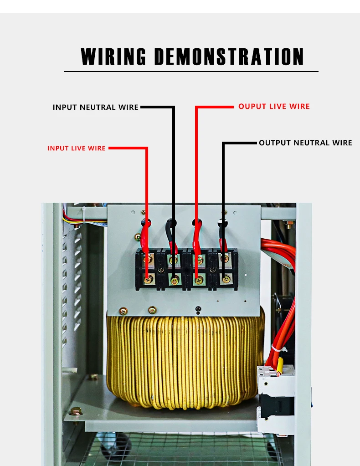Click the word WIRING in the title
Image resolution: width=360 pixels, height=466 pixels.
tap(113, 57)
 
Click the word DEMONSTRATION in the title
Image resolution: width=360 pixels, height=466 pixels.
tap(229, 57)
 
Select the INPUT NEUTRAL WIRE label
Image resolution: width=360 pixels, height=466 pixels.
tap(95, 108)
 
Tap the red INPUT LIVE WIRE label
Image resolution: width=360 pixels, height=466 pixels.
tap(77, 148)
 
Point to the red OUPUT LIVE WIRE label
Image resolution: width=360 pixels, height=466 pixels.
tap(274, 107)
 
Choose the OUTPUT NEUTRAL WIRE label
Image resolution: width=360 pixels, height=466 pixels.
tap(305, 143)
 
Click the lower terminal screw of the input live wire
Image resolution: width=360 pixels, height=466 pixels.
tap(147, 280)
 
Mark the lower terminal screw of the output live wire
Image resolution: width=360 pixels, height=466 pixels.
tap(199, 280)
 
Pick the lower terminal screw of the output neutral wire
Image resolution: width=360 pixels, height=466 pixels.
tap(225, 279)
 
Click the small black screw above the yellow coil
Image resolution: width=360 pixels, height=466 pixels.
tap(197, 310)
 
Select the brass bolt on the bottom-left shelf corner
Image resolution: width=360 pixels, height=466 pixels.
tap(76, 411)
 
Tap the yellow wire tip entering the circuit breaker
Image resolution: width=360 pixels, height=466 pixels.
tap(279, 364)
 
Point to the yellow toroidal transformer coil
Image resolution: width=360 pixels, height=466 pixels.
tap(185, 360)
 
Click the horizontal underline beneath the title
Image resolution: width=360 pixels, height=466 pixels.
tap(191, 72)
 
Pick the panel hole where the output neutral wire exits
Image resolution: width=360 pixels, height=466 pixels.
tap(223, 223)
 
